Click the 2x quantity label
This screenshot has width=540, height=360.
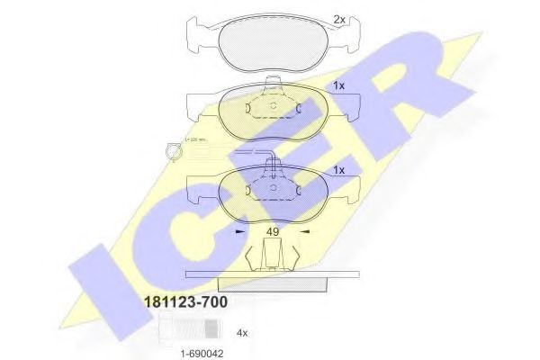click(x=339, y=19)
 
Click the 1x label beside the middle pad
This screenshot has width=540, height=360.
click(x=339, y=86)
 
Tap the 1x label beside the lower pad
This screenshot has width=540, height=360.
click(x=339, y=169)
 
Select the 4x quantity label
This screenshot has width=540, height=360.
click(x=241, y=333)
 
